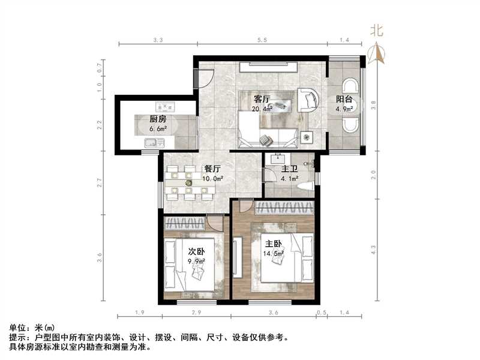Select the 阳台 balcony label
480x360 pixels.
coord(344,100)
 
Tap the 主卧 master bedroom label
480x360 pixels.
coord(275,244)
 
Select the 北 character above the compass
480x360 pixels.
coord(377,30)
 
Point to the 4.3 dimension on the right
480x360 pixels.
coord(374,247)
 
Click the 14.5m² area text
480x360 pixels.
coord(275,254)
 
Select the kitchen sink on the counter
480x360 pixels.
coord(154,143)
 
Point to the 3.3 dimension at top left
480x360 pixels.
coord(158,40)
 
